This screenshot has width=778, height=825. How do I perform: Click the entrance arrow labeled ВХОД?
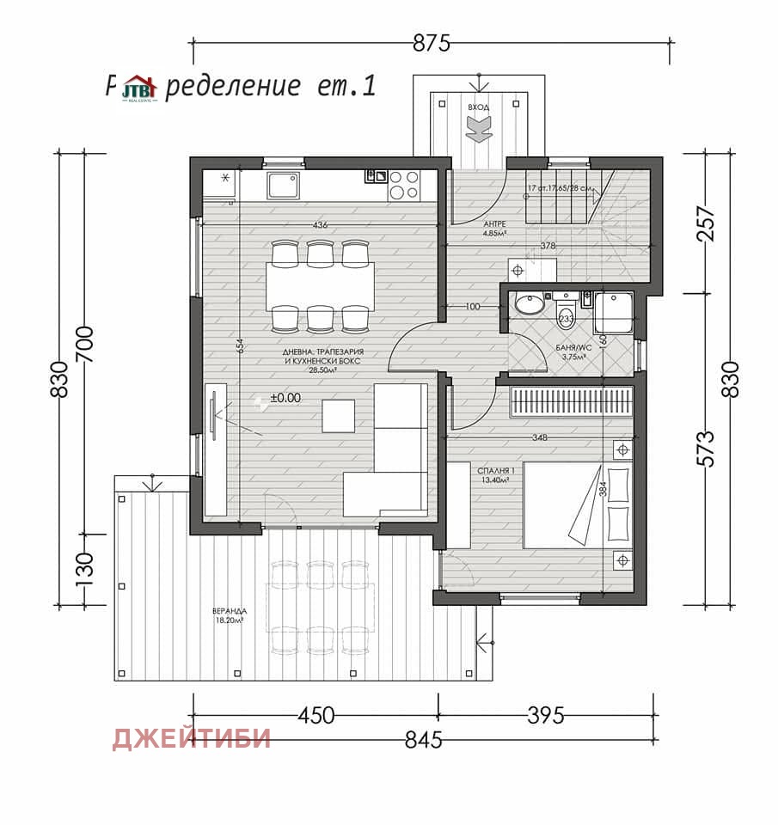[478, 126]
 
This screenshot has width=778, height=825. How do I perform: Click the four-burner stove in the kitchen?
[405, 184]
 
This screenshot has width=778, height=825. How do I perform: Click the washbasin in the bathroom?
[528, 305]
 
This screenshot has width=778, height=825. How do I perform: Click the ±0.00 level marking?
[285, 398]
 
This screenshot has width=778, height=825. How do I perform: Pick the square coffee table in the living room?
[338, 415]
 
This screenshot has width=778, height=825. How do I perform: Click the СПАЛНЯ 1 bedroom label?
[496, 475]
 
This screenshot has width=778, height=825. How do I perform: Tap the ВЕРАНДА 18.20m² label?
[228, 615]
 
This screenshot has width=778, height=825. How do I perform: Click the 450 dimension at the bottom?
[315, 715]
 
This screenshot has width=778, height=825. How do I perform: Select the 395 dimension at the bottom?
[544, 715]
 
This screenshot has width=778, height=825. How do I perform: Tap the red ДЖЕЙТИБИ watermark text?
[191, 738]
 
